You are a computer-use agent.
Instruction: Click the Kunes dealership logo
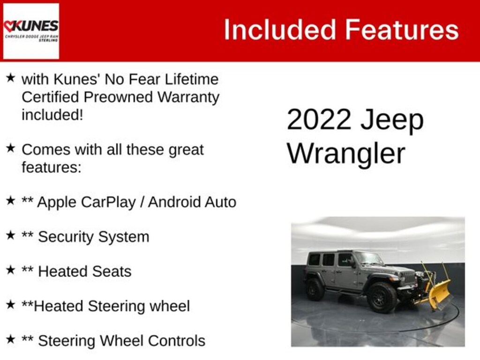[x=31, y=30]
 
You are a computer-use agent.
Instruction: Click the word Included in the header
[x=280, y=30]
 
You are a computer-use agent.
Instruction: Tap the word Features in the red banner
[x=402, y=30]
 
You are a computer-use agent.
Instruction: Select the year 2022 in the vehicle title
[x=319, y=119]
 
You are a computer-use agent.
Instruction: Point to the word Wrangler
[x=346, y=154]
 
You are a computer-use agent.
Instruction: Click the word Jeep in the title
[x=392, y=120]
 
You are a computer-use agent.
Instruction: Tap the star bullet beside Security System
[x=10, y=235]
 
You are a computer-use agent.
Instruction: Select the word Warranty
[x=188, y=97]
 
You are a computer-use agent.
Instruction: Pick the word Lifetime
[x=192, y=79]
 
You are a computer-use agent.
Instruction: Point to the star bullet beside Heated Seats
[x=10, y=270]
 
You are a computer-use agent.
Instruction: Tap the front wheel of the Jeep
[x=382, y=298]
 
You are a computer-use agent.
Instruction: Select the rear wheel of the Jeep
[x=315, y=289]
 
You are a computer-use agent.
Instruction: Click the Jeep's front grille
[x=408, y=277]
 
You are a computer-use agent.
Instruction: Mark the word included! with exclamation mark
[x=52, y=115]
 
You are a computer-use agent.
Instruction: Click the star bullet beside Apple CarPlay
[x=10, y=201]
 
